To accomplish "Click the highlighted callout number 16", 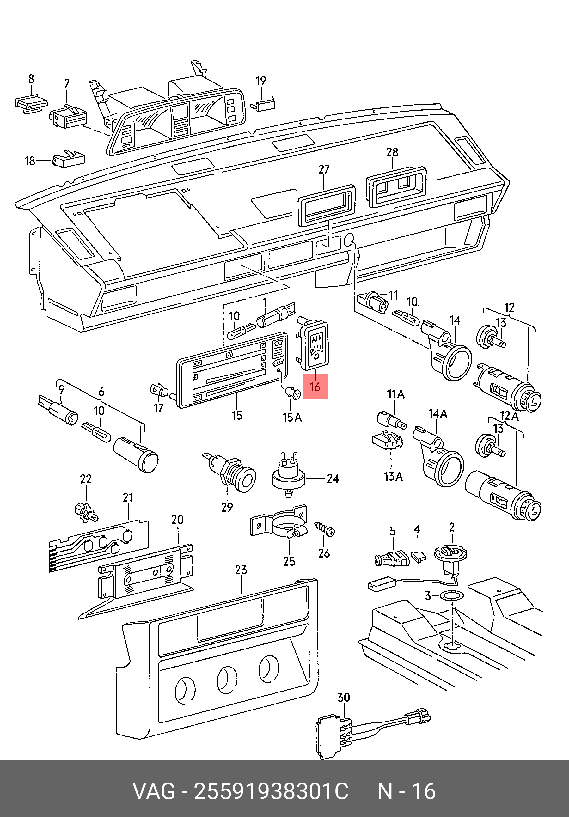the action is coord(315,387).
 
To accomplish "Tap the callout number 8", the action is coord(31,79).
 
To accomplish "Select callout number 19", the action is coord(261,81).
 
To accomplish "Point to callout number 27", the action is coord(324,169).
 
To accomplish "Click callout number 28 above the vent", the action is coord(392,152).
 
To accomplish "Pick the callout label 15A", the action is coord(292,418).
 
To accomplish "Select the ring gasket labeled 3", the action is coord(452,594).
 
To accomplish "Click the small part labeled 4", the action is coord(419,556).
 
